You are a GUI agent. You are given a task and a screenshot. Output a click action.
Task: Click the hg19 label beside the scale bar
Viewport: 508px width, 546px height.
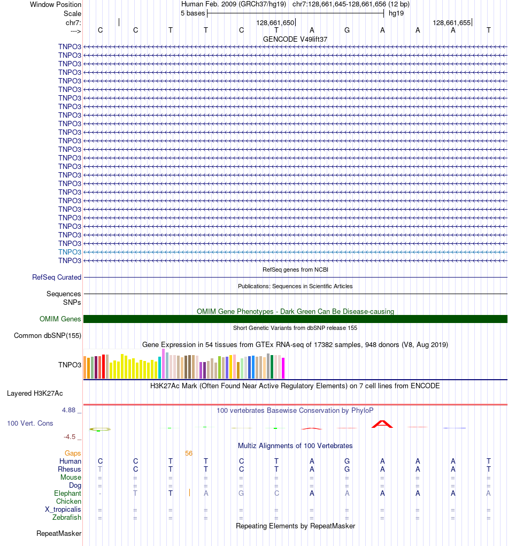click(396, 13)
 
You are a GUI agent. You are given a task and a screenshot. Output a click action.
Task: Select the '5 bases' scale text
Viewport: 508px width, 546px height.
click(193, 13)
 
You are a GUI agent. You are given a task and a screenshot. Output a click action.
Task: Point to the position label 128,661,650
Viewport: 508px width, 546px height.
click(275, 23)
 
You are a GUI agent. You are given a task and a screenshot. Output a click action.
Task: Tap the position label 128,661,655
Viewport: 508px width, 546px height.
click(451, 23)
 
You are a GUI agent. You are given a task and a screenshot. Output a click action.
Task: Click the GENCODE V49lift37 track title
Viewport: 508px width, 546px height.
click(295, 39)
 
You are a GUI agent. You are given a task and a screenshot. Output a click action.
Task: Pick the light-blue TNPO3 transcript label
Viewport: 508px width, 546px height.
click(70, 252)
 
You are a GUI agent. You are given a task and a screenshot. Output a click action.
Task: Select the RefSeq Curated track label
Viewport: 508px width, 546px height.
click(57, 278)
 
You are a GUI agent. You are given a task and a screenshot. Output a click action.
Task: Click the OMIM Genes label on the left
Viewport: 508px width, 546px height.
click(60, 319)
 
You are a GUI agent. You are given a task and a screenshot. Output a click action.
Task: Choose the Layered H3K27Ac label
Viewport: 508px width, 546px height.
click(35, 394)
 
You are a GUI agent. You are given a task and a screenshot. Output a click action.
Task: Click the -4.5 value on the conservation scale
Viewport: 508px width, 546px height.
click(70, 437)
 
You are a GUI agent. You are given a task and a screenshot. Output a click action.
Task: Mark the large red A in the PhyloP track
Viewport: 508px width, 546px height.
click(382, 424)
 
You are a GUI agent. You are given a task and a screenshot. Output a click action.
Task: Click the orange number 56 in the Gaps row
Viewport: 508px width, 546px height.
click(189, 453)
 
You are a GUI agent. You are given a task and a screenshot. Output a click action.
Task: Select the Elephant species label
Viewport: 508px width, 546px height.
click(67, 494)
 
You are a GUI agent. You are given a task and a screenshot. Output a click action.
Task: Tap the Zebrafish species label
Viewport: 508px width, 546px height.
click(67, 518)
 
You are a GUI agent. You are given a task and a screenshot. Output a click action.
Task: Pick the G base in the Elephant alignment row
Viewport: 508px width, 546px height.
click(241, 494)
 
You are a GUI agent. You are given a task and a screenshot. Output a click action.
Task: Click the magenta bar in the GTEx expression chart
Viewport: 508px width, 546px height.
click(283, 368)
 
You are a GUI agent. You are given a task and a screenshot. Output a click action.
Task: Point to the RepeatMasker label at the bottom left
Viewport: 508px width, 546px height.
click(59, 534)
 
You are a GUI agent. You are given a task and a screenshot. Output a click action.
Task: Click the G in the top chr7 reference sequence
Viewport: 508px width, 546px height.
click(347, 30)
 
